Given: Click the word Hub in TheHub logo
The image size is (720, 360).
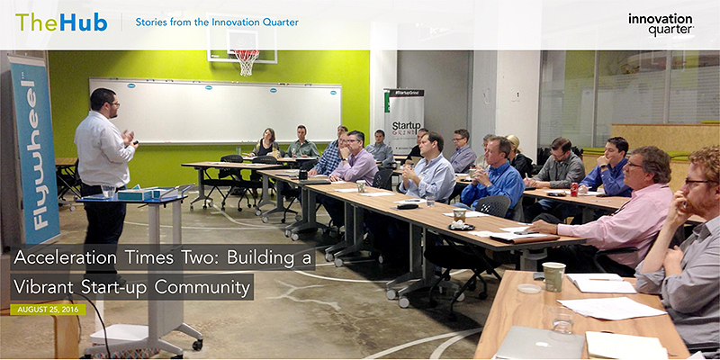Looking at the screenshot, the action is pyautogui.click(x=83, y=22).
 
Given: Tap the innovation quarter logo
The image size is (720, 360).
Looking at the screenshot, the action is pyautogui.click(x=661, y=24).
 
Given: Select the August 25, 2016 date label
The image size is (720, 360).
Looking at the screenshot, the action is pyautogui.click(x=48, y=310).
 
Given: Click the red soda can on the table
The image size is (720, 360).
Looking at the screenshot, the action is pyautogui.click(x=573, y=189).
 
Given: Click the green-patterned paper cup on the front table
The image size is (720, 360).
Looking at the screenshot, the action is pyautogui.click(x=554, y=277).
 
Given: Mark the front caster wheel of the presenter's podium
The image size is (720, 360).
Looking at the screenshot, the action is pyautogui.click(x=197, y=344).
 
